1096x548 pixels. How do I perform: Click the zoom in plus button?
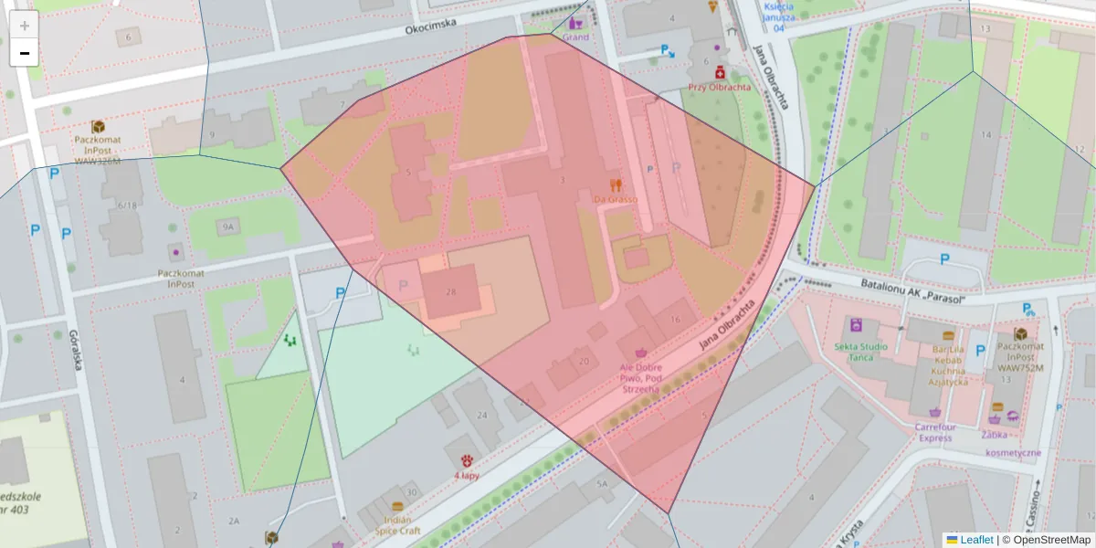tap(25, 26)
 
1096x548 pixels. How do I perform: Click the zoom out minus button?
tap(25, 53)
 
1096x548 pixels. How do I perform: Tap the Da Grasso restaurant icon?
tap(615, 184)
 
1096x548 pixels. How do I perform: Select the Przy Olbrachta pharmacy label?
tap(720, 88)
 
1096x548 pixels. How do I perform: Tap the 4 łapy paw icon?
tap(467, 460)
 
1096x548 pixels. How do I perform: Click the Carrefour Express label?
tap(935, 431)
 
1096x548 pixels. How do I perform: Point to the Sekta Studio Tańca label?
tap(860, 353)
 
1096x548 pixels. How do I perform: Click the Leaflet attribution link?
tap(975, 540)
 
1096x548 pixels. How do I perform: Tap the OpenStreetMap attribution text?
tap(1046, 540)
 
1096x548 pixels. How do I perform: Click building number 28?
tap(450, 292)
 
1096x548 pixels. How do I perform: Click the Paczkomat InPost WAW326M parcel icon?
tap(98, 127)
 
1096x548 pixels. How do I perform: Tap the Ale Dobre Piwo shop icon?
tap(642, 352)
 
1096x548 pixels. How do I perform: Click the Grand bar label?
tap(575, 37)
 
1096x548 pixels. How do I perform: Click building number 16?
tap(675, 319)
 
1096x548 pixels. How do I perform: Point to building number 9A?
tap(227, 226)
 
